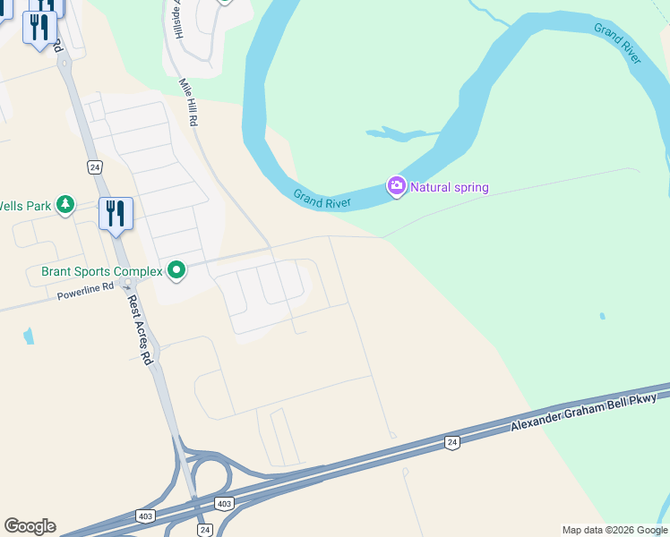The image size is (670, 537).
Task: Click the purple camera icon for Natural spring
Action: tap(396, 186)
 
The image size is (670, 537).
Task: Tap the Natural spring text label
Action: tap(450, 187)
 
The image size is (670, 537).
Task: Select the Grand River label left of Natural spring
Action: tap(321, 199)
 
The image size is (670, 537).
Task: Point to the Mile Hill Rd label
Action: tap(187, 100)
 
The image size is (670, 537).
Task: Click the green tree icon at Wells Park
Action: tap(64, 206)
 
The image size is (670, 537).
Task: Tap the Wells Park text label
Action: tap(26, 206)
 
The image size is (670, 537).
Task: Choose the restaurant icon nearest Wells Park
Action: tap(116, 214)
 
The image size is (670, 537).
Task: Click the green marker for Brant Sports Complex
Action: tap(176, 269)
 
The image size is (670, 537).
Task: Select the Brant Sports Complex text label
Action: tap(102, 270)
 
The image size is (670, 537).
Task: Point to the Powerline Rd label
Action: tap(86, 290)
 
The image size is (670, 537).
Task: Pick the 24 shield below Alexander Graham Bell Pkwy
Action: tap(451, 441)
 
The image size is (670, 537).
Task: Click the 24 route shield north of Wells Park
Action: tap(94, 166)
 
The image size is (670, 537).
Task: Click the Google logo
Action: tap(30, 526)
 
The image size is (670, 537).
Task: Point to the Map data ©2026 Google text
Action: tap(614, 530)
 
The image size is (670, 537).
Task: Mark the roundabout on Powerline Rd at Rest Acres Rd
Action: tap(128, 282)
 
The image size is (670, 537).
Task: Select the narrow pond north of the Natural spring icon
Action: tap(400, 134)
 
